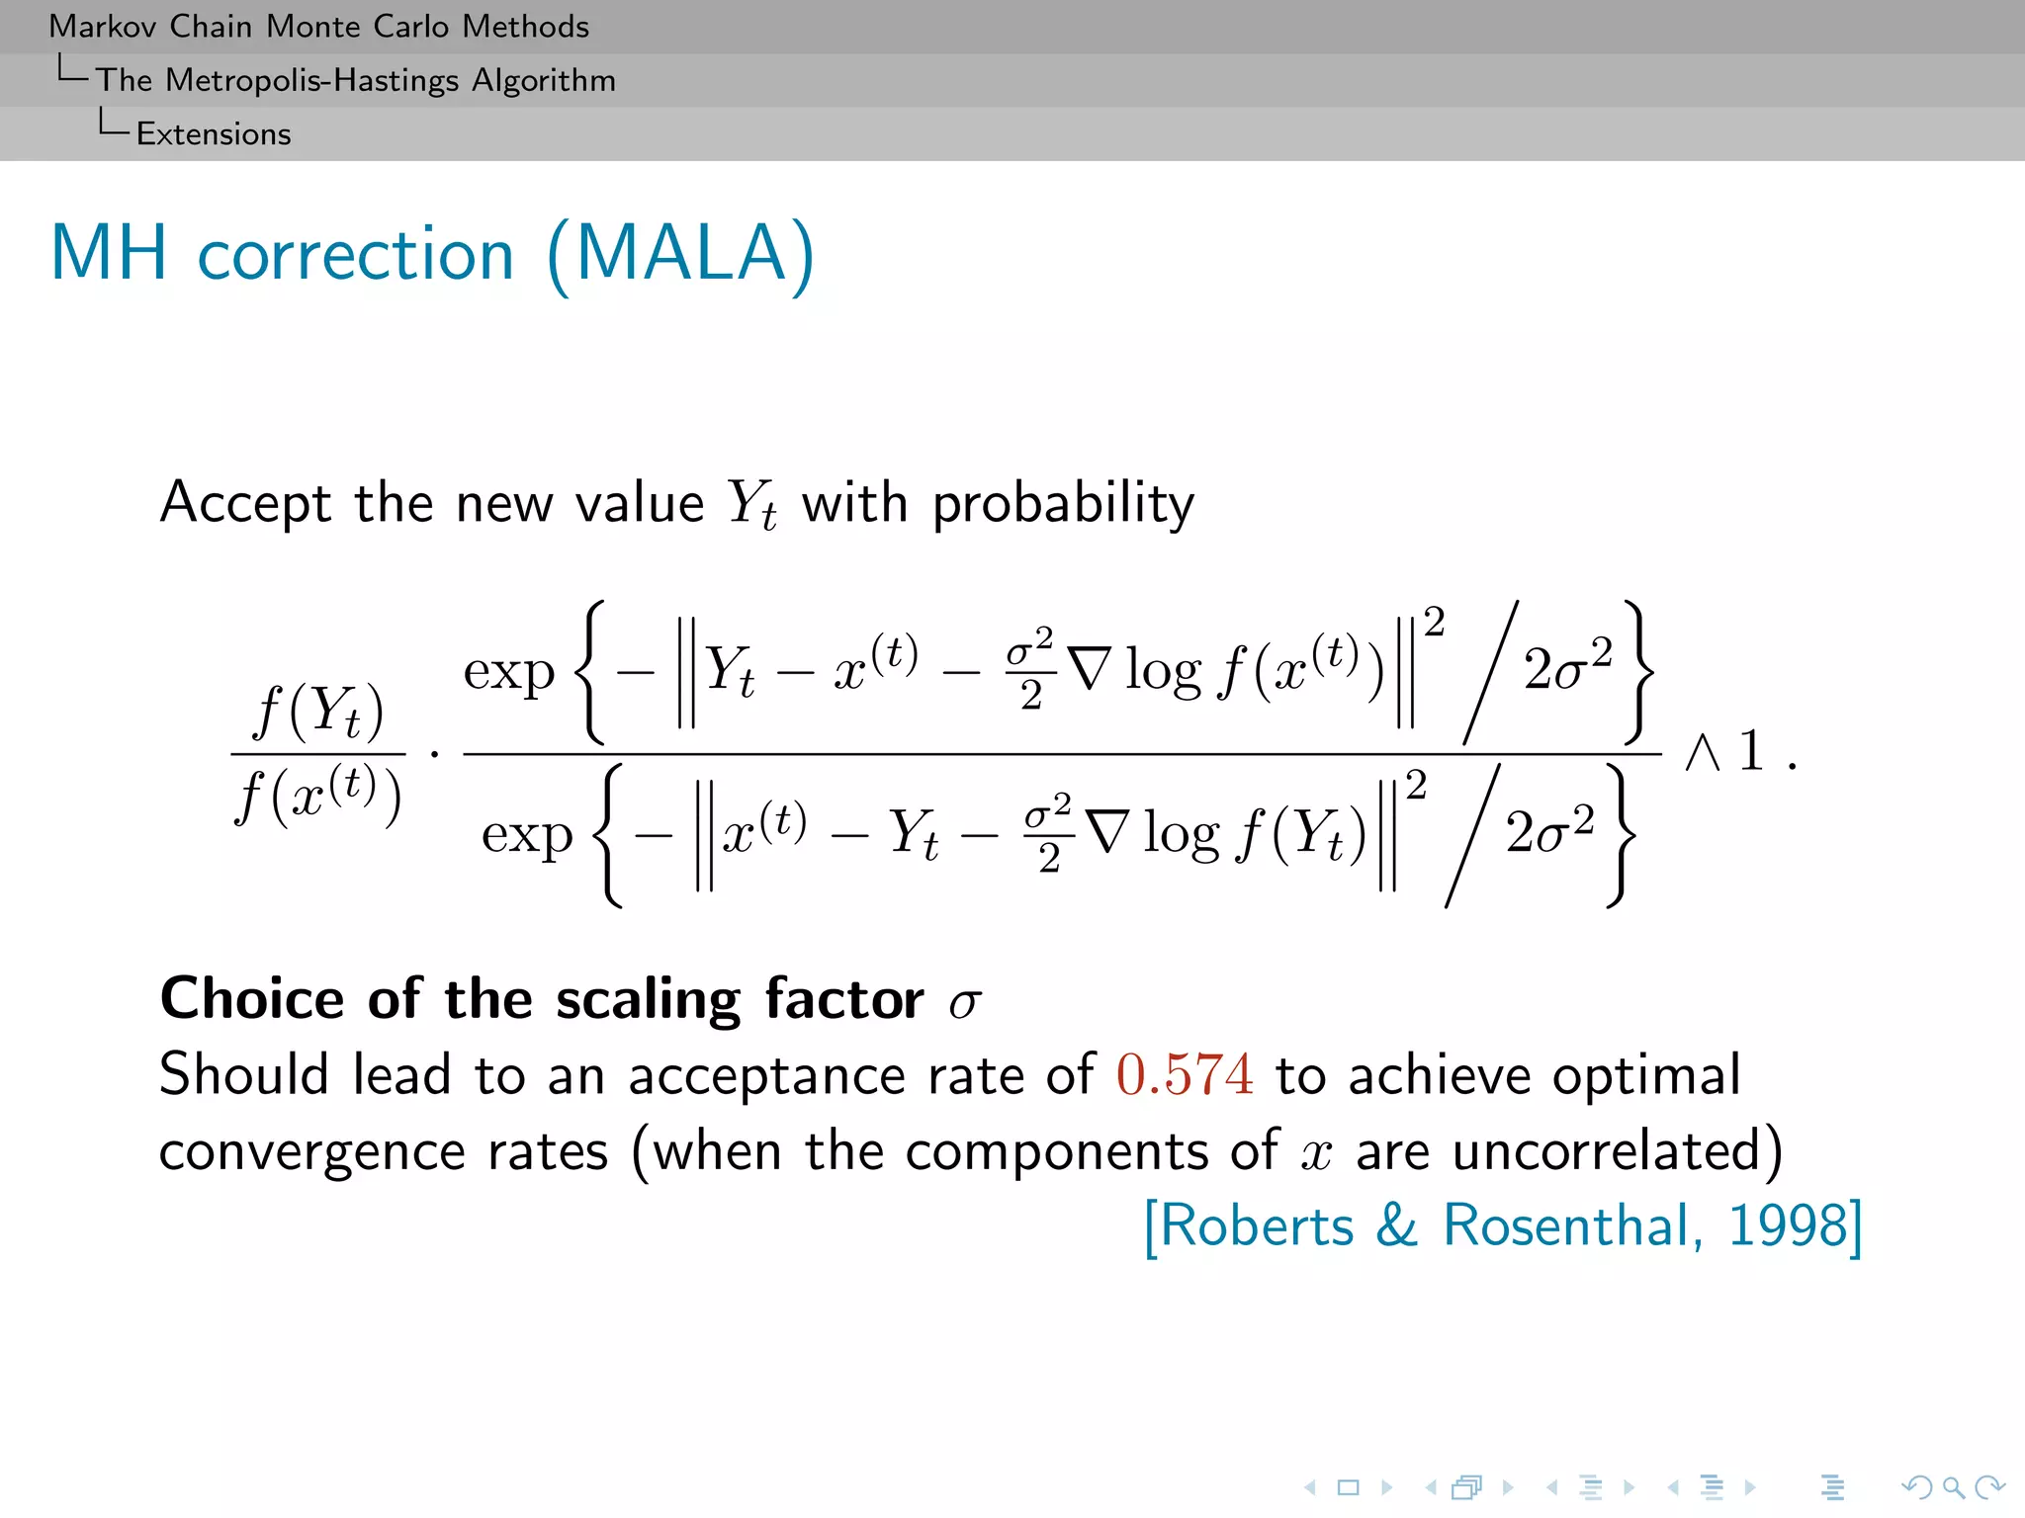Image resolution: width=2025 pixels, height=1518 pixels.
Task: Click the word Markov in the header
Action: point(104,27)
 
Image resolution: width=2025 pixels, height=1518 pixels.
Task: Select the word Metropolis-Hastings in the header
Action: point(311,80)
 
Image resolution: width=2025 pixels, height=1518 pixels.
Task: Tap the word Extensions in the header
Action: point(214,134)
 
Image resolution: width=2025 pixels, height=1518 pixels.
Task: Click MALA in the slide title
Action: point(680,254)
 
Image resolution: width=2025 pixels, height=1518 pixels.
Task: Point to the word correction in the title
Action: point(356,256)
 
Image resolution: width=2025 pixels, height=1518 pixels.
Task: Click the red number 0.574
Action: point(1185,1074)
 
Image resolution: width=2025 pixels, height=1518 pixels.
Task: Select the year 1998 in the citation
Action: point(1787,1226)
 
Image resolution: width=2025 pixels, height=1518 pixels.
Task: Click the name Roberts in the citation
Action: point(1256,1226)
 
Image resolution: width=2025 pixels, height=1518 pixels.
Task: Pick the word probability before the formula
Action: point(1063,504)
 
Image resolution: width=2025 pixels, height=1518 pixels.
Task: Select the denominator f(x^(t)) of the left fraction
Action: point(318,796)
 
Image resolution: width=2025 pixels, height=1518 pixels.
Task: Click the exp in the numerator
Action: point(509,673)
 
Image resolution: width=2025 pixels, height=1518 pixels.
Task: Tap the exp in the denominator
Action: point(527,835)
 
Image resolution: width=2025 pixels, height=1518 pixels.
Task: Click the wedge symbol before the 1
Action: point(1703,753)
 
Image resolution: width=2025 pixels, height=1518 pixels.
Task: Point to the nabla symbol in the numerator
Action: point(1090,669)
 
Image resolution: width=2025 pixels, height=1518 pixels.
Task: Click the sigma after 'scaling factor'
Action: point(964,1003)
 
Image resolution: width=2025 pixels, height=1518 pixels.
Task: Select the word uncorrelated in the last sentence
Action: point(1607,1151)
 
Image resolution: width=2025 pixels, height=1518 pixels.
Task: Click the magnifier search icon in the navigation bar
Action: point(1952,1486)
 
